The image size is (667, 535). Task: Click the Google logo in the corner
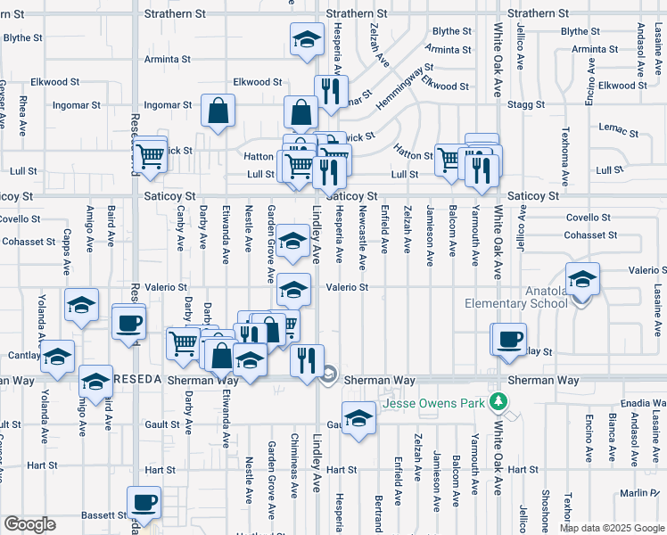click(29, 524)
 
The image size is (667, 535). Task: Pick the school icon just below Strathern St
click(307, 40)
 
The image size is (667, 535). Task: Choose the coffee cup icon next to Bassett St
click(144, 503)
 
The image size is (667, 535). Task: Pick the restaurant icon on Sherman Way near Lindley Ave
click(305, 361)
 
